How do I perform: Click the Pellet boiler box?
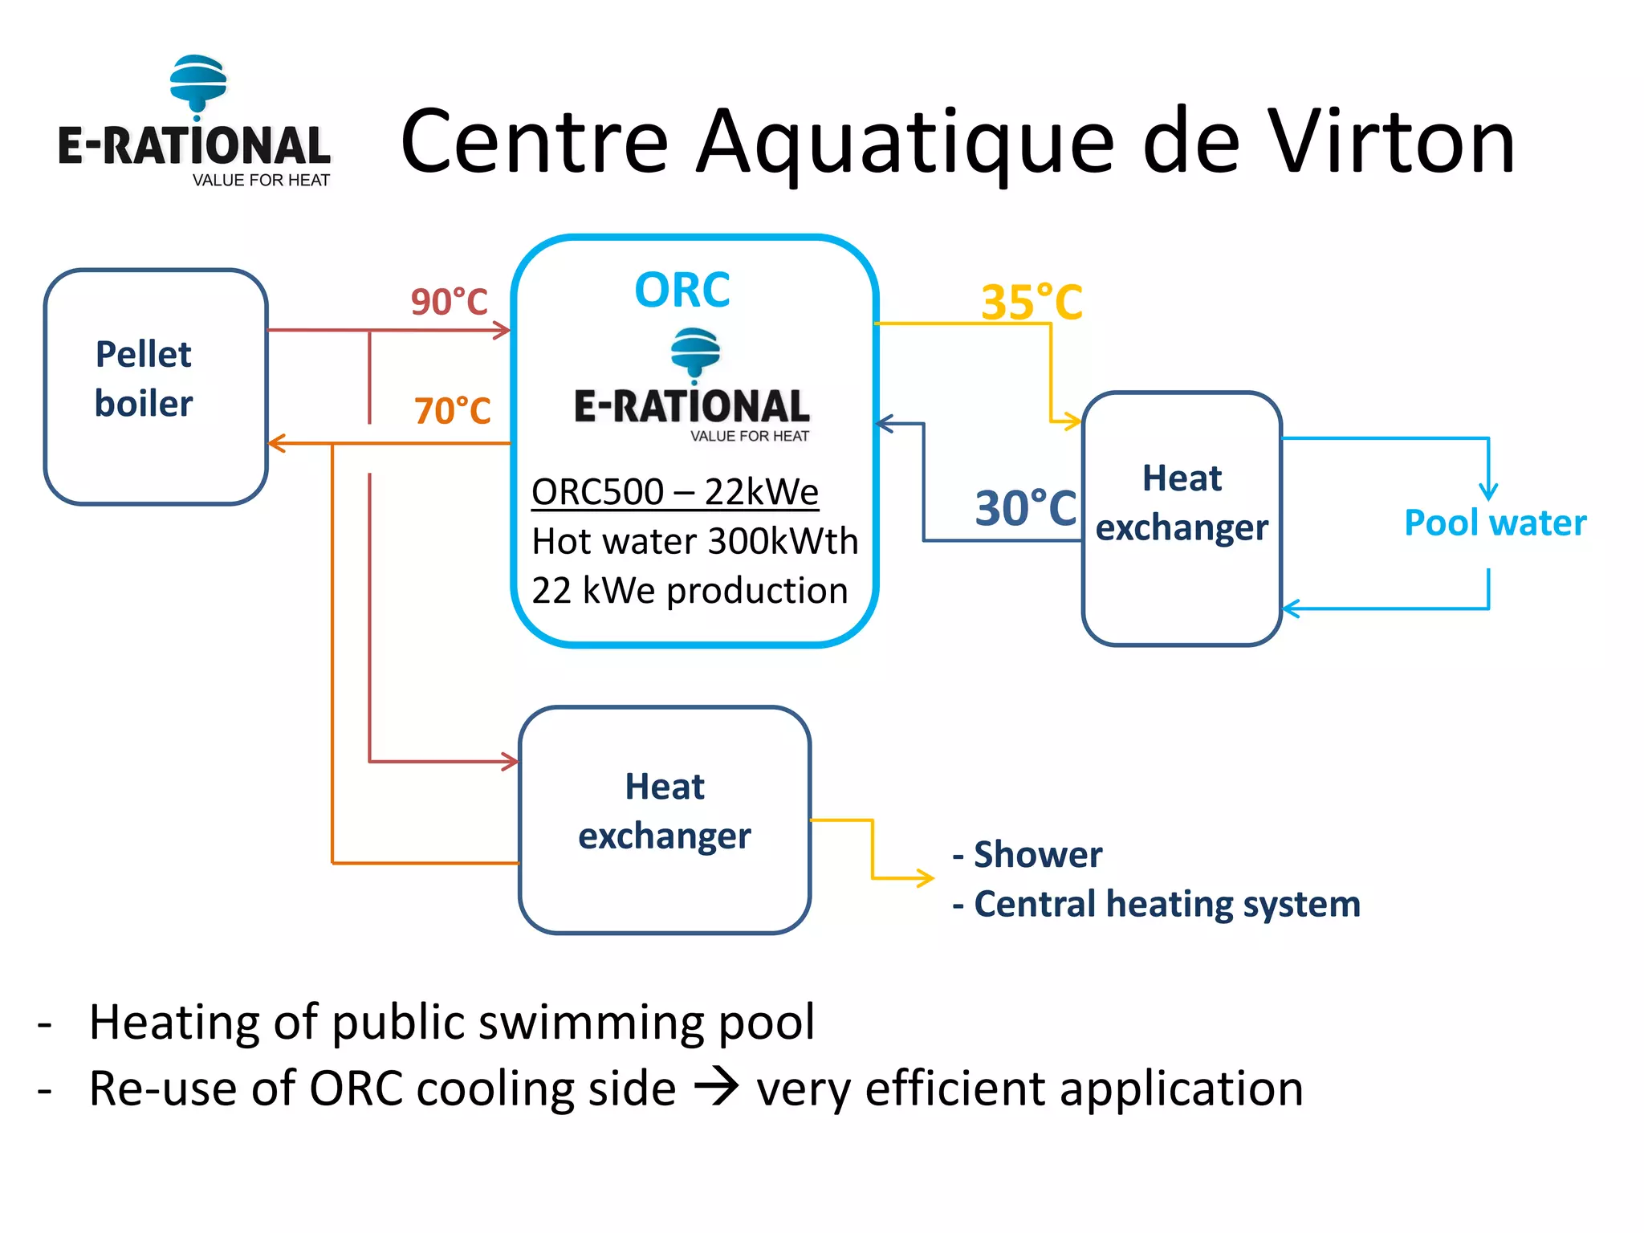[x=155, y=386]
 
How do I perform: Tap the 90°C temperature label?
[x=449, y=302]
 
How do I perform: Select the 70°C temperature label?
[x=452, y=410]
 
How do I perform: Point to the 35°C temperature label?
[x=1032, y=302]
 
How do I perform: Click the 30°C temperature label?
[x=1025, y=507]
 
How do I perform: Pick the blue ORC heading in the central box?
[x=682, y=290]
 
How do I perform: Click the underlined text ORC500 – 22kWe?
[x=674, y=491]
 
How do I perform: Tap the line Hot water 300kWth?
[x=694, y=541]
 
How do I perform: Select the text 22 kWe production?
[x=689, y=591]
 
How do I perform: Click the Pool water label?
[x=1495, y=523]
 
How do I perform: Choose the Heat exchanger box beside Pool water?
[x=1182, y=518]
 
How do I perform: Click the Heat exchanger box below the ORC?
[x=665, y=819]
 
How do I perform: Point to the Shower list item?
[x=1027, y=854]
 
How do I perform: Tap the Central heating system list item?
[x=1156, y=904]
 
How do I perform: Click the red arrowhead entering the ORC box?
[x=503, y=330]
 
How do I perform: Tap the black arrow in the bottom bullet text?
[x=716, y=1089]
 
